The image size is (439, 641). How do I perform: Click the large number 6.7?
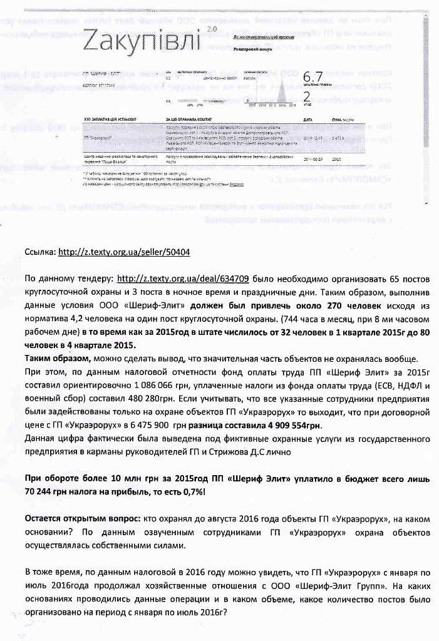pos(312,77)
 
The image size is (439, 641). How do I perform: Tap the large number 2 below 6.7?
pos(306,96)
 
